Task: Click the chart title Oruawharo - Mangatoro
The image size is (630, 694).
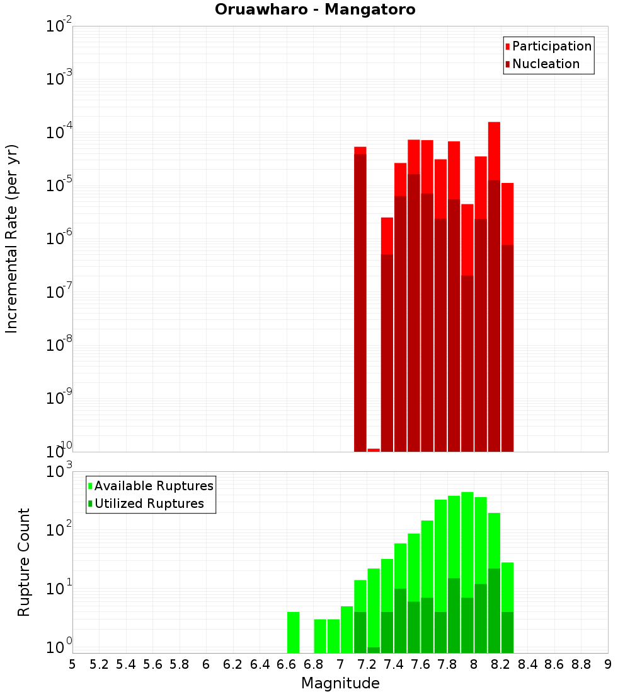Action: coord(315,10)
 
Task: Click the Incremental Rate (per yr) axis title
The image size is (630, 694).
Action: coord(12,238)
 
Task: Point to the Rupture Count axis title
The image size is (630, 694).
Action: coord(24,562)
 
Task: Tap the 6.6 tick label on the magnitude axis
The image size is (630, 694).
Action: coord(286,664)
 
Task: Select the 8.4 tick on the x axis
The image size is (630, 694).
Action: coord(527,664)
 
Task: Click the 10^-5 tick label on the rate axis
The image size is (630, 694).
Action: coord(58,184)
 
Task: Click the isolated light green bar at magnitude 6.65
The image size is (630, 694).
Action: coord(294,632)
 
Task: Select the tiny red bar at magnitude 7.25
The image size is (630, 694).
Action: coord(374,450)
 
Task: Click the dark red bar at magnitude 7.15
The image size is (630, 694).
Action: coord(360,303)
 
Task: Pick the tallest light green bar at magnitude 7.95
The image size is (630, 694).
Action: coord(467,543)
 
